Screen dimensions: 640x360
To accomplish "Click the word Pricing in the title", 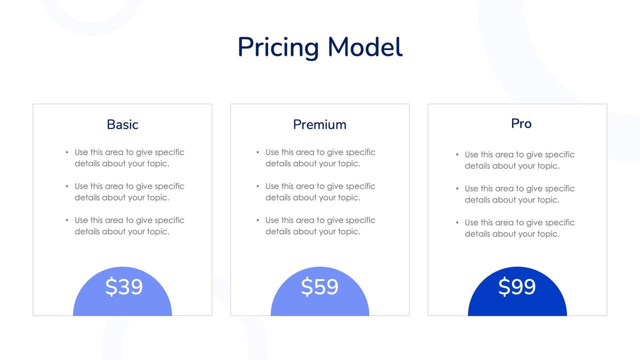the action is pos(278,47).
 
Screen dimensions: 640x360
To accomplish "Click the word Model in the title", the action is pos(365,47).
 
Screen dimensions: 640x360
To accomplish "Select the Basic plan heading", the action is pos(122,124).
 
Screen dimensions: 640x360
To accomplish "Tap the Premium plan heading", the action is pos(319,124).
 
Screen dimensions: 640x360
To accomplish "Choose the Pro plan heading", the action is pos(521,123).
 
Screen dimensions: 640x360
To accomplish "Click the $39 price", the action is pos(124,287).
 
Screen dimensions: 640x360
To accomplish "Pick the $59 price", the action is pos(319,287).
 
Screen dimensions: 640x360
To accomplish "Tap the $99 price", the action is pos(517,287).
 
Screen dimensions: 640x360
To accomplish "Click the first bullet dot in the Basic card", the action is pos(67,153).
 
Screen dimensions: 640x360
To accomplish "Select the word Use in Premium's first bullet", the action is pos(272,153).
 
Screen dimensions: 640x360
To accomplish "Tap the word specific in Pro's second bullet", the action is pos(559,189).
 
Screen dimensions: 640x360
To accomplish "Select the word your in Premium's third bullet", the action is pos(327,231).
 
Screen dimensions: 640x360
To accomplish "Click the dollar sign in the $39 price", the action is pos(111,287).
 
